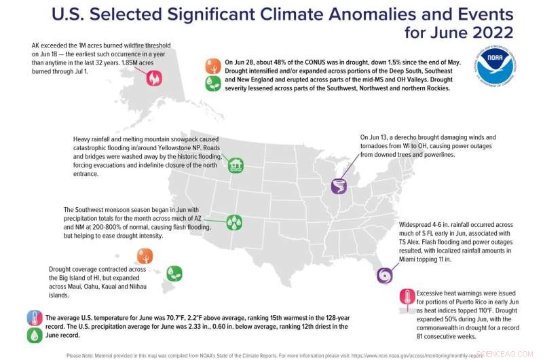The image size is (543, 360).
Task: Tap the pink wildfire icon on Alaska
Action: point(154,79)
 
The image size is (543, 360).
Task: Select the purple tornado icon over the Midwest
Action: point(339,185)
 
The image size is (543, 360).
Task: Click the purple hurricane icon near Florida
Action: point(385,274)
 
